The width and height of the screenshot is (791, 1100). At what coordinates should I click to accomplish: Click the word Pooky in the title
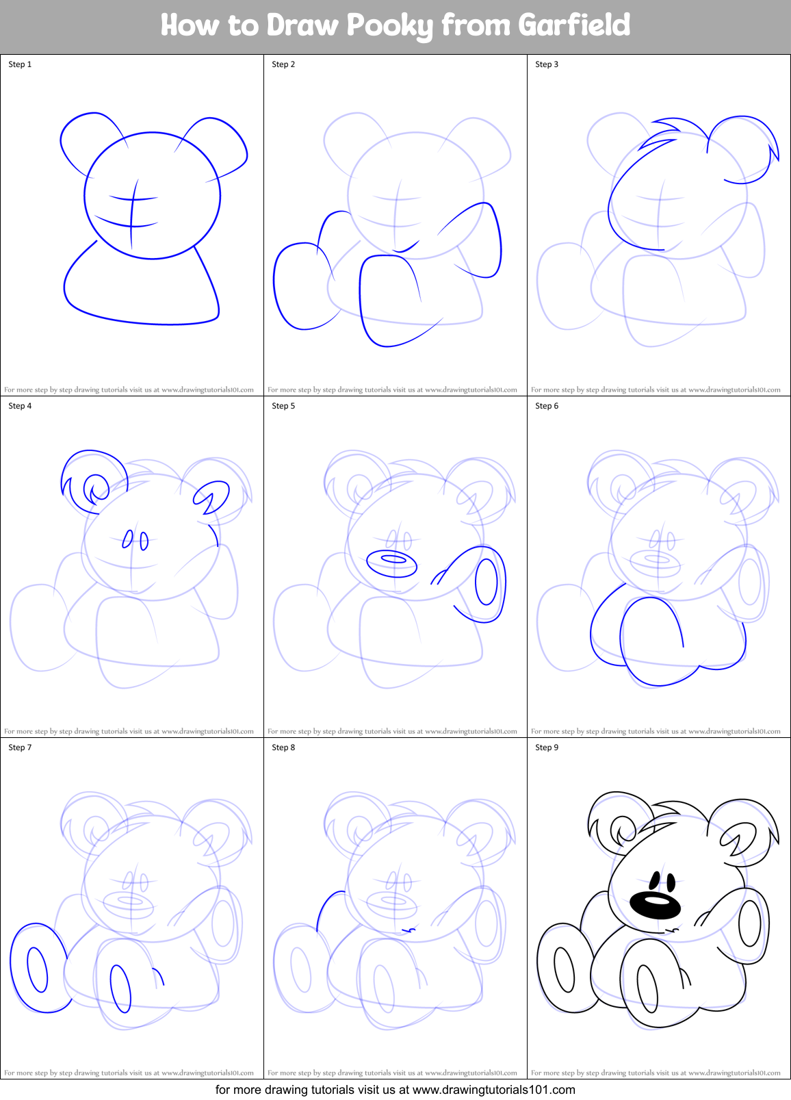click(389, 26)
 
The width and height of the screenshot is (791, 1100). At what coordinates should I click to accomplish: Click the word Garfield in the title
click(573, 25)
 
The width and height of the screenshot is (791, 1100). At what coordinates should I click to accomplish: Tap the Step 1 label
click(20, 64)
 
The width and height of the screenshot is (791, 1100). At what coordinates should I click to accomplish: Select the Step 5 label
click(283, 406)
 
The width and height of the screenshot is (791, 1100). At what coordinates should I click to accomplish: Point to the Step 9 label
click(547, 747)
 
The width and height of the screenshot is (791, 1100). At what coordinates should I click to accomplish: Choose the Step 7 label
click(20, 747)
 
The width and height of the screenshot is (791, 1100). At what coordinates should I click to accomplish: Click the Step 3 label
click(547, 64)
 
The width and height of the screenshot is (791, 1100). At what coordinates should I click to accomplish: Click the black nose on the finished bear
click(655, 905)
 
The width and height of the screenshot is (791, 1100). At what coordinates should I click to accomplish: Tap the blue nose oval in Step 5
click(392, 563)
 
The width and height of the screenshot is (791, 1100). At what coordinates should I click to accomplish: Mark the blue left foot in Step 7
click(38, 968)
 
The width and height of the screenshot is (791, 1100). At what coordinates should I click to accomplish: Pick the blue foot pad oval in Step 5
click(487, 582)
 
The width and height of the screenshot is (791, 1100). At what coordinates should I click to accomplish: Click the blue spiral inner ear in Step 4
click(96, 489)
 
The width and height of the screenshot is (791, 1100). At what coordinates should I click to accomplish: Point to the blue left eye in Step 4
click(127, 539)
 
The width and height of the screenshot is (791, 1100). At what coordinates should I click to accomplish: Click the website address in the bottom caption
click(493, 1090)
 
